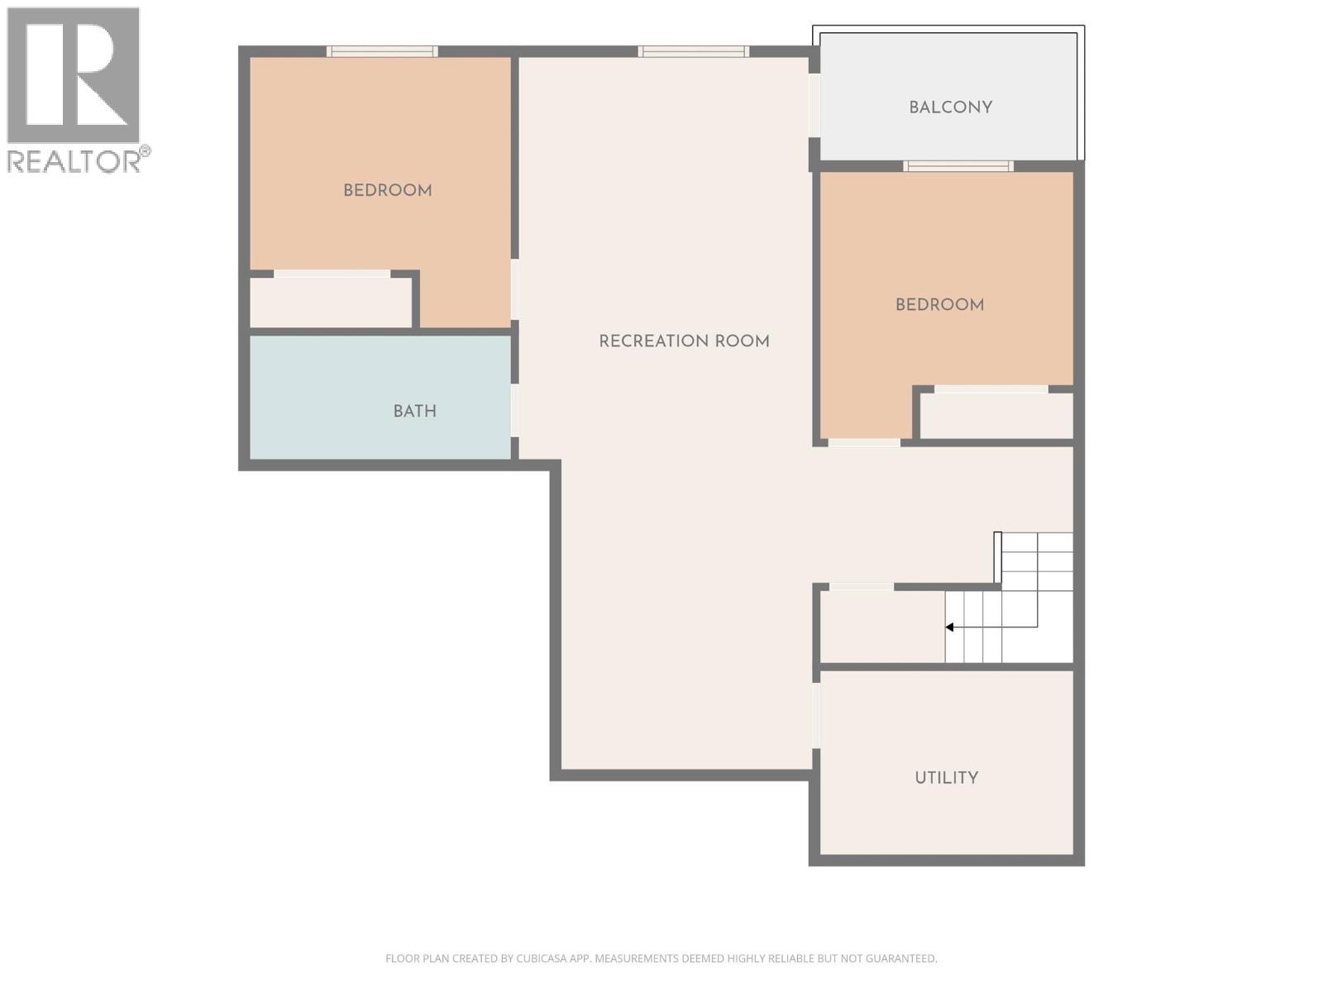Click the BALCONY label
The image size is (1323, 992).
[x=950, y=107]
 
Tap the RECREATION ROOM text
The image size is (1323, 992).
[x=684, y=341]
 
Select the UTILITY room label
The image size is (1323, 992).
[x=946, y=778]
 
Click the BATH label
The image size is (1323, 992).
[x=414, y=411]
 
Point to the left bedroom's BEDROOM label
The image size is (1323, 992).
[x=387, y=191]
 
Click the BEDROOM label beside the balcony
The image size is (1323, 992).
[x=939, y=305]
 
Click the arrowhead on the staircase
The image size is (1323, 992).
[x=950, y=627]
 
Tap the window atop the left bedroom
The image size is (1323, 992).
[x=382, y=51]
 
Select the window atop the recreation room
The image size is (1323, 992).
[x=693, y=51]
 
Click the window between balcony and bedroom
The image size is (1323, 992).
[x=958, y=166]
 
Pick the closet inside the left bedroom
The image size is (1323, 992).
[x=331, y=303]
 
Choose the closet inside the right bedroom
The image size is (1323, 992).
[x=996, y=416]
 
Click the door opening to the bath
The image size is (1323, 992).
[x=515, y=411]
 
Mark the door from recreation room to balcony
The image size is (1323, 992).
[x=814, y=106]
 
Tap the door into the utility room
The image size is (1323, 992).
[x=816, y=716]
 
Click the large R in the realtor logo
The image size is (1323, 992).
[x=73, y=74]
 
